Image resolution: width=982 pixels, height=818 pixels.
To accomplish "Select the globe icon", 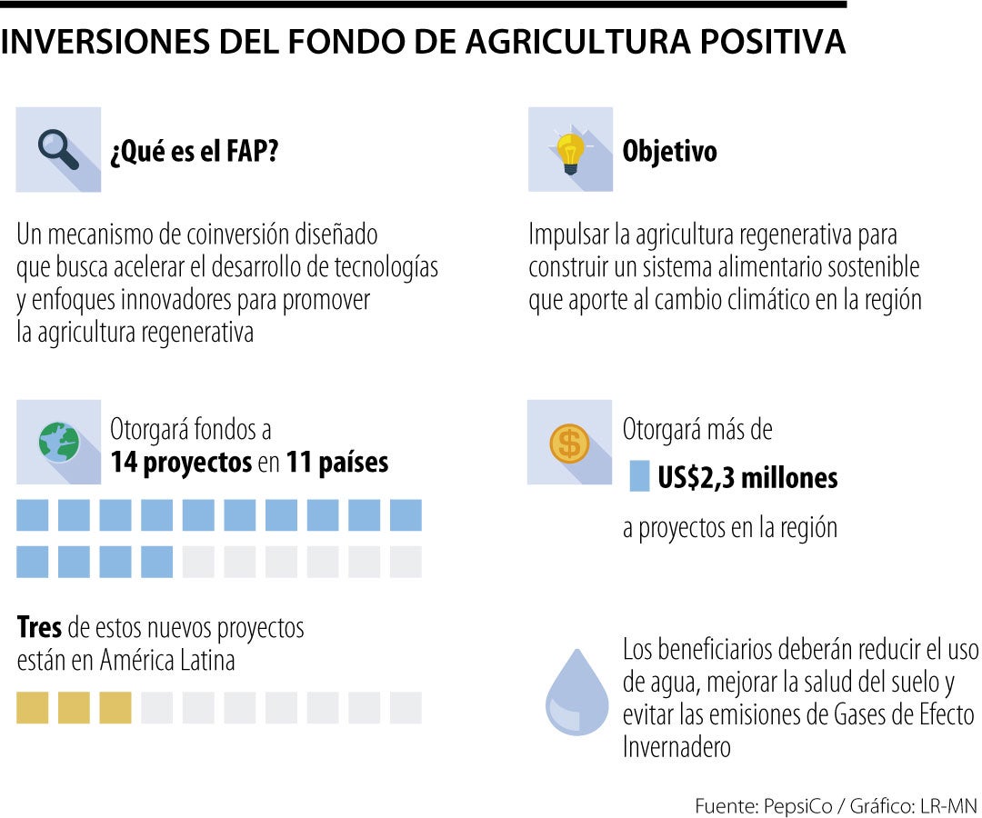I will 58,442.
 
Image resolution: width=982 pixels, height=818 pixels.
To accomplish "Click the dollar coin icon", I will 570,444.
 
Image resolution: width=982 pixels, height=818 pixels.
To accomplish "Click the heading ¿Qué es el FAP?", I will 194,152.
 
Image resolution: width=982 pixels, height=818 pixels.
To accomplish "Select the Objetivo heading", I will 669,152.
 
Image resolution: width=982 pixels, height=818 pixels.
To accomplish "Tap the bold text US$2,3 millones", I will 747,477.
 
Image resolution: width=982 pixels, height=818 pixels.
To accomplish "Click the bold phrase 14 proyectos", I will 181,463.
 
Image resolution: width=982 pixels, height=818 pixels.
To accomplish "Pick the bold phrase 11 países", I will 337,463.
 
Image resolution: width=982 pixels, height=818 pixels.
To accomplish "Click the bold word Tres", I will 39,627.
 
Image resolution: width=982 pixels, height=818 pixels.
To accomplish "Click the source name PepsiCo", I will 794,805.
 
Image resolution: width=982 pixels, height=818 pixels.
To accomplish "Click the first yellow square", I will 32,708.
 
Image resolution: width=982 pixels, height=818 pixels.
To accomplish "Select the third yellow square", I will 115,708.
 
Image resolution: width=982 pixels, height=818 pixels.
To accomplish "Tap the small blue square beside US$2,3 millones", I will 639,477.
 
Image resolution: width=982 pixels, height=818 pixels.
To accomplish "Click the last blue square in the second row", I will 157,562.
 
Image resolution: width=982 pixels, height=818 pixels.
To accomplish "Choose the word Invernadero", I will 676,747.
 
